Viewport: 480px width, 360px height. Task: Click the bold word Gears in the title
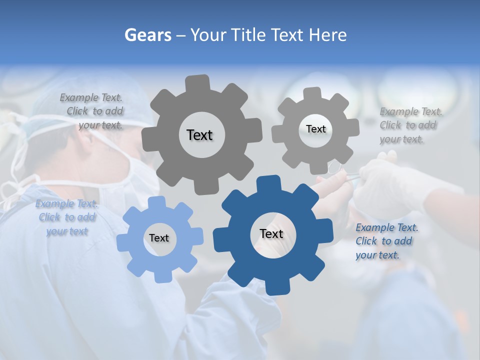148,35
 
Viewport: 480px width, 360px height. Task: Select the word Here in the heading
328,35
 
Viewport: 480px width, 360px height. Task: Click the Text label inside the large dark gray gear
199,135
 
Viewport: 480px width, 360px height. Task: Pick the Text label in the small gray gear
315,129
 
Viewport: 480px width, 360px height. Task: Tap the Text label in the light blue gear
159,238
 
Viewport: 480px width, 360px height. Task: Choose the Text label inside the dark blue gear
271,234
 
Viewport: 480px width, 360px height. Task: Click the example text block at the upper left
95,111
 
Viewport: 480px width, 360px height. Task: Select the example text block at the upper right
409,125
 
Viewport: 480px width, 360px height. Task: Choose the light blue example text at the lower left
66,217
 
